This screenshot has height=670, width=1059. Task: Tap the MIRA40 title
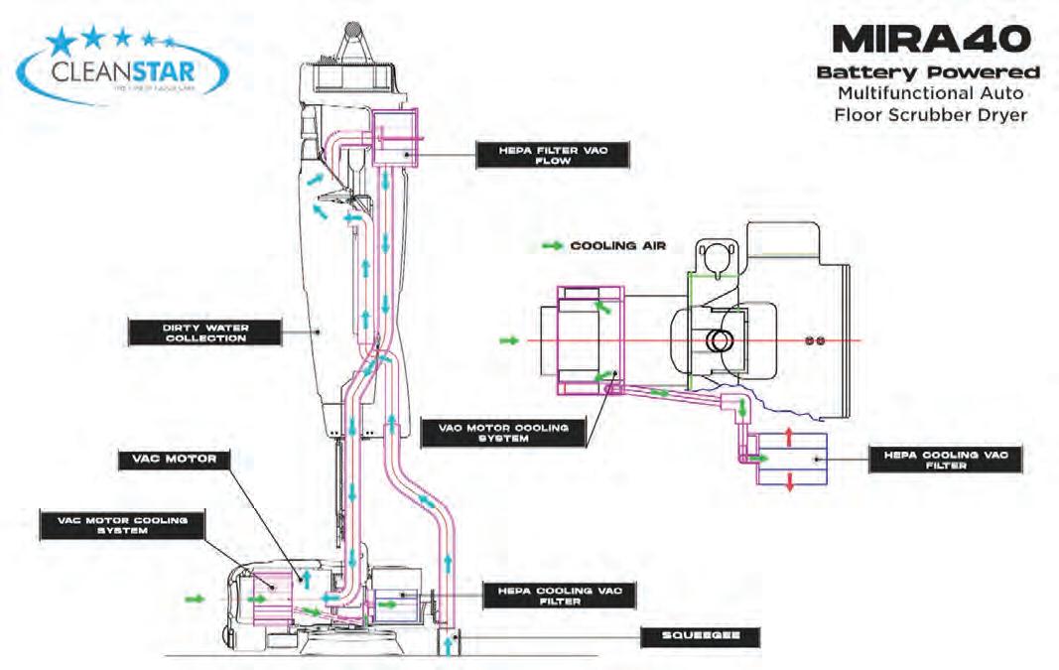(933, 42)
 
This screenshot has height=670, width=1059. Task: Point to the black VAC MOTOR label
(174, 460)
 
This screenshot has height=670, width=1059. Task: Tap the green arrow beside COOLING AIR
(552, 246)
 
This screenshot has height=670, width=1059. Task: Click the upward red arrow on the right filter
(789, 436)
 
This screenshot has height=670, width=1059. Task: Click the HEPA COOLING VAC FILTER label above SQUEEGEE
(558, 595)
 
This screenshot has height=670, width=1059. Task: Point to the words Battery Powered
(927, 73)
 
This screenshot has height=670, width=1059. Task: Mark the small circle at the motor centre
(715, 340)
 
